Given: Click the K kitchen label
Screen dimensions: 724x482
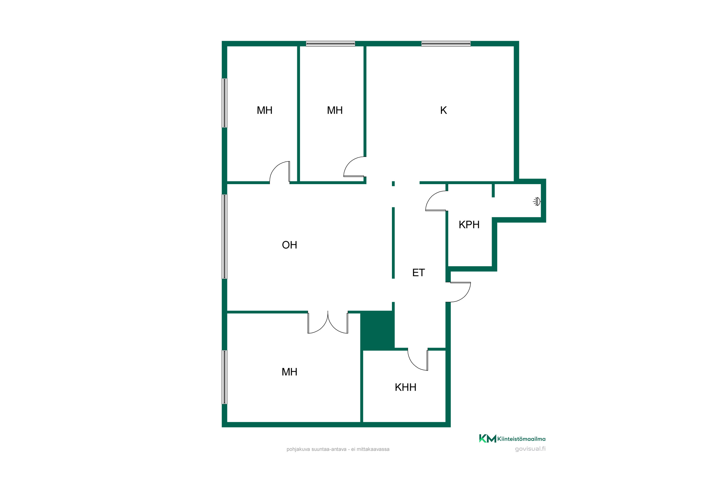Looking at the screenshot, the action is [x=443, y=110].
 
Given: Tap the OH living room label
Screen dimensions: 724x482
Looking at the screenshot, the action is [x=289, y=245].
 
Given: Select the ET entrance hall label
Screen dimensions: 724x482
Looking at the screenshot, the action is [x=418, y=273].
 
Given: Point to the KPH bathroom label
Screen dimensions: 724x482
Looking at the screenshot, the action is [x=469, y=225].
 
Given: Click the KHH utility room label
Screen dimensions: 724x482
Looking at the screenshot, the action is [x=405, y=387].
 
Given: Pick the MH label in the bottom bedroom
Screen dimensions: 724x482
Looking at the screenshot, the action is [x=289, y=372].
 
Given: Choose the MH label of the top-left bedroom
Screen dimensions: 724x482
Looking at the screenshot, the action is [x=265, y=110].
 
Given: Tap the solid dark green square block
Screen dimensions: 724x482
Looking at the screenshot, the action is [x=377, y=330].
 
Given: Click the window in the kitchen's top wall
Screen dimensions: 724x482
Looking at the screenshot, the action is [x=446, y=44].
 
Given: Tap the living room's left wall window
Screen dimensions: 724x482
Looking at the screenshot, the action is [x=225, y=237].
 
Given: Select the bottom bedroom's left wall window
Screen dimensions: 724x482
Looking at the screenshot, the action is [x=225, y=377].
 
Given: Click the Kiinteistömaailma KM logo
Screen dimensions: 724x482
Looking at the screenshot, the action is [x=512, y=439].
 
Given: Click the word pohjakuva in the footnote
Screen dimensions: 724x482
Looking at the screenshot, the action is [x=298, y=449].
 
